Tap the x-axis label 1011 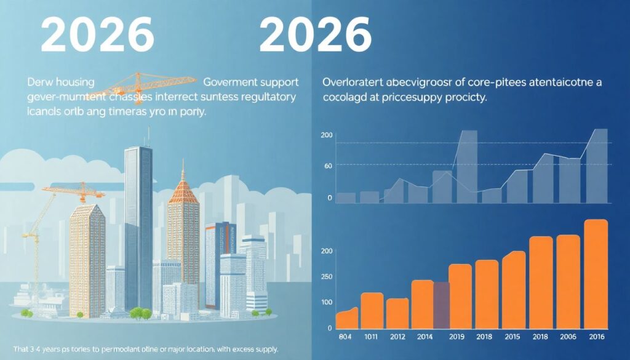(x=371, y=337)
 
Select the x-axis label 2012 (x=397, y=337)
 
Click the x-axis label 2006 (x=568, y=337)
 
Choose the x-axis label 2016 (x=595, y=337)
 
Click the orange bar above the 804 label (x=346, y=319)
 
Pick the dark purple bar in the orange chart (x=442, y=305)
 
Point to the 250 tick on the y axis (x=326, y=276)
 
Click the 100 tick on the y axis (x=326, y=302)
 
